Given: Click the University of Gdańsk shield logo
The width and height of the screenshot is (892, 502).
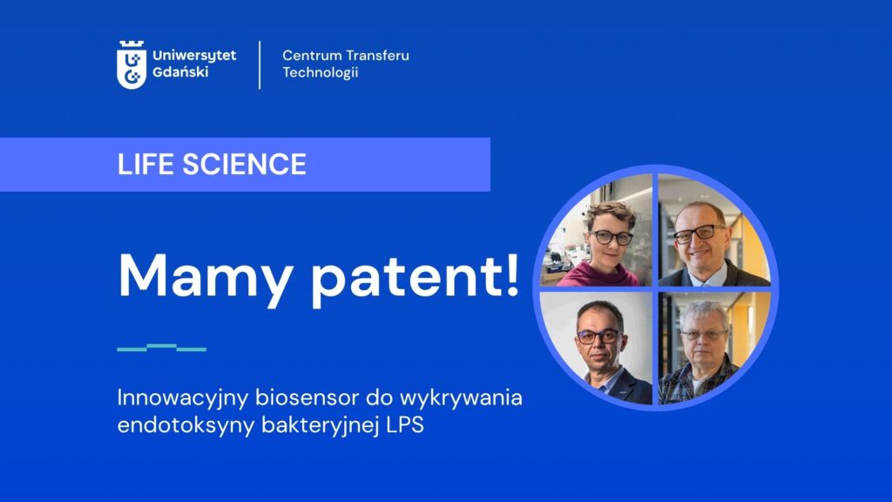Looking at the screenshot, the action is [x=132, y=64].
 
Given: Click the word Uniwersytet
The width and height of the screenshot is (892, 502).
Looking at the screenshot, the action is [x=194, y=56].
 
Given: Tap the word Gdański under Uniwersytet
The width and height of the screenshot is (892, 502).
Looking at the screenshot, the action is [x=180, y=72].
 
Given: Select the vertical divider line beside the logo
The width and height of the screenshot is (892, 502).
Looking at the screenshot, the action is [x=260, y=64].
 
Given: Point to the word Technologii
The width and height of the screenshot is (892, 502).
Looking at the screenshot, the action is [x=321, y=72].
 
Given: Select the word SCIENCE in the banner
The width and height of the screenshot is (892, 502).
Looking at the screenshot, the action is [x=244, y=165].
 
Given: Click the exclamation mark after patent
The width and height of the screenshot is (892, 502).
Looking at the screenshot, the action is [x=511, y=274].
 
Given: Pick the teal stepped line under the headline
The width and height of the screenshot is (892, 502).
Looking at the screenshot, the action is [x=161, y=348].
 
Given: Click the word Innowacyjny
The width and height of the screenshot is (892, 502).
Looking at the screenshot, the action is [x=183, y=398].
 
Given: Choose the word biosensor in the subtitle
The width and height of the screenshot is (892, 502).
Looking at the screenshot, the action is [x=307, y=397].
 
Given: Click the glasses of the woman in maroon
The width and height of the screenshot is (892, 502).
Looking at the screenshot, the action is [x=611, y=237].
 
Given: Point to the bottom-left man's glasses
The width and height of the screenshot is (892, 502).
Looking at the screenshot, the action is [x=598, y=337].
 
